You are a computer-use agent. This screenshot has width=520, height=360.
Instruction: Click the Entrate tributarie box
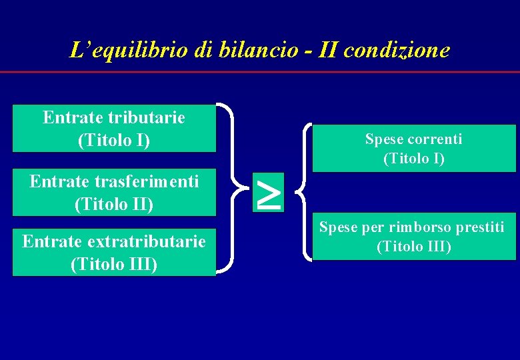point(114,129)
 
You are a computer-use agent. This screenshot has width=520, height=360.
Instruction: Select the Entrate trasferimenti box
point(114,192)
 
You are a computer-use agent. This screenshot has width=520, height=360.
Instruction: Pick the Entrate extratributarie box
point(114,253)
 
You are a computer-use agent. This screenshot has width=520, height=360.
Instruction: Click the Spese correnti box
point(413,148)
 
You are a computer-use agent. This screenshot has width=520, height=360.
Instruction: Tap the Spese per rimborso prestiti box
point(413,237)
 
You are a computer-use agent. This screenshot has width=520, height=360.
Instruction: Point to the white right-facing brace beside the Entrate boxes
point(230,188)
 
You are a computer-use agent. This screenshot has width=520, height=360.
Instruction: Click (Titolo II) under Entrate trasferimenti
point(114,204)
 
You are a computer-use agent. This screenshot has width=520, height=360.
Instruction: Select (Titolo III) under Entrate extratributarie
point(114,264)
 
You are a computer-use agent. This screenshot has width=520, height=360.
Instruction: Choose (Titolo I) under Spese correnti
point(413,159)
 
